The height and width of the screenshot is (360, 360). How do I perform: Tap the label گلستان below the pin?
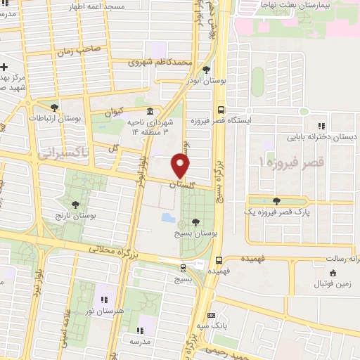click(x=181, y=184)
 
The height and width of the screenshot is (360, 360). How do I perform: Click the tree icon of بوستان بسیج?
click(x=195, y=221)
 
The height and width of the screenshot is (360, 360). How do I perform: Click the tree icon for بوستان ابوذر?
click(x=205, y=70)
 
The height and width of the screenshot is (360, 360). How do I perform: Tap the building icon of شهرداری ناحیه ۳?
click(x=150, y=112)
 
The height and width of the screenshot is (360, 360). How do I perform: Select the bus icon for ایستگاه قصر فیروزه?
click(x=221, y=110)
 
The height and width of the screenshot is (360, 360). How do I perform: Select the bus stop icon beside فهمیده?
click(x=219, y=258)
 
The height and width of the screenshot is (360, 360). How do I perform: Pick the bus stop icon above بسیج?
click(x=184, y=267)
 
